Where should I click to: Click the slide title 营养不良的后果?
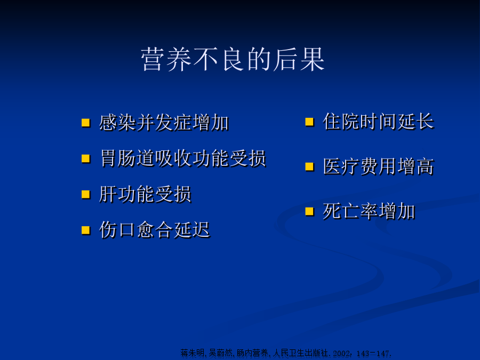[x=233, y=59]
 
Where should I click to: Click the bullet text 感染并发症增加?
[x=164, y=123]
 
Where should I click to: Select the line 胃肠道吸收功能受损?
[x=183, y=158]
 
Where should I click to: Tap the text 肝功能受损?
[x=145, y=194]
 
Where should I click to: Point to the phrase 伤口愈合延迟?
[x=155, y=230]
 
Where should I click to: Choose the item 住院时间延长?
[x=378, y=122]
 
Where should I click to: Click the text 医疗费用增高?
[x=378, y=166]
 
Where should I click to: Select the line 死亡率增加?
[x=369, y=211]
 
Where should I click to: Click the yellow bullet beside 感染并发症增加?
[x=86, y=123]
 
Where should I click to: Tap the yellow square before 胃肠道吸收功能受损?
[x=86, y=158]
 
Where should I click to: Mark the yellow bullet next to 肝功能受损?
[x=86, y=194]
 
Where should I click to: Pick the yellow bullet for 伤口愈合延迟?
[x=86, y=230]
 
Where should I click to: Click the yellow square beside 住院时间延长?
[x=309, y=122]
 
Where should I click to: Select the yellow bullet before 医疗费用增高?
[x=309, y=166]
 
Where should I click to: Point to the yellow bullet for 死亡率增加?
[x=309, y=212]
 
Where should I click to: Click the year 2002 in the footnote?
[x=341, y=353]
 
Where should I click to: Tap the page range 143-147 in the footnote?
[x=373, y=353]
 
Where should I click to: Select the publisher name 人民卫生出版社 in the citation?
[x=300, y=353]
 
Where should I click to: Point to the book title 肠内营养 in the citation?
[x=252, y=353]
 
